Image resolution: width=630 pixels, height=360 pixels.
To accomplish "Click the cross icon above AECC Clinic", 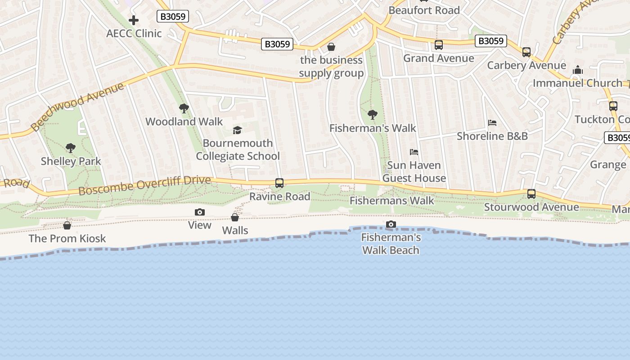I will pyautogui.click(x=134, y=20).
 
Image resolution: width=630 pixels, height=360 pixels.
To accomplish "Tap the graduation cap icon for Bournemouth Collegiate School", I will pyautogui.click(x=237, y=130).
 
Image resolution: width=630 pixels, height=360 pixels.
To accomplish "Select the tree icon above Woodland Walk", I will pyautogui.click(x=184, y=108).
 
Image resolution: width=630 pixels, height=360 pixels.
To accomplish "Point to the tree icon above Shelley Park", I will pyautogui.click(x=70, y=148).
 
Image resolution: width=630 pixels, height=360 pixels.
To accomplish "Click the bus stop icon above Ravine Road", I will pyautogui.click(x=279, y=183).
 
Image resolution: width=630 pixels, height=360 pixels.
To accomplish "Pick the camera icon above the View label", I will pyautogui.click(x=200, y=212).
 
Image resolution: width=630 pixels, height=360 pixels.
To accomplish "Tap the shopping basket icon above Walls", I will pyautogui.click(x=235, y=217).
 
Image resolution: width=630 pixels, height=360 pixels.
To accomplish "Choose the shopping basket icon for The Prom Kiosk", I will pyautogui.click(x=67, y=225).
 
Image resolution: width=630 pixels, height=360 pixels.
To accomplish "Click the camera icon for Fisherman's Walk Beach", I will pyautogui.click(x=391, y=224).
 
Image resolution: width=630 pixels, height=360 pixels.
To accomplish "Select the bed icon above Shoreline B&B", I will pyautogui.click(x=492, y=123).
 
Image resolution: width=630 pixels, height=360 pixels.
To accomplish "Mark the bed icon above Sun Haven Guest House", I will pyautogui.click(x=414, y=152).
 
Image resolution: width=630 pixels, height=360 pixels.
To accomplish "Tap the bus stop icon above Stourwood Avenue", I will pyautogui.click(x=531, y=194).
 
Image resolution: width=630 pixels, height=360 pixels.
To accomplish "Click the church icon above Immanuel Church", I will pyautogui.click(x=578, y=70).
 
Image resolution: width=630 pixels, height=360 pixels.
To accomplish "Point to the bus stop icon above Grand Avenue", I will pyautogui.click(x=439, y=45).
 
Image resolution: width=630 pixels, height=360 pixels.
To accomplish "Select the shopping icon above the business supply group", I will pyautogui.click(x=331, y=47).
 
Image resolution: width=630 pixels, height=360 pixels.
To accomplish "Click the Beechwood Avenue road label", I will pyautogui.click(x=77, y=107).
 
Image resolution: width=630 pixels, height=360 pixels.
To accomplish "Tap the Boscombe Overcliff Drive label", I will pyautogui.click(x=144, y=185).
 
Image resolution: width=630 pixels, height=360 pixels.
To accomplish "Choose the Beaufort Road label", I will pyautogui.click(x=424, y=10).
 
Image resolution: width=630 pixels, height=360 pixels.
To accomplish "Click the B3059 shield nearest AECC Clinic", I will pyautogui.click(x=173, y=17).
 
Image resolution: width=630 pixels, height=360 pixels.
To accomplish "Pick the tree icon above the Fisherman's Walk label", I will pyautogui.click(x=372, y=115).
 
